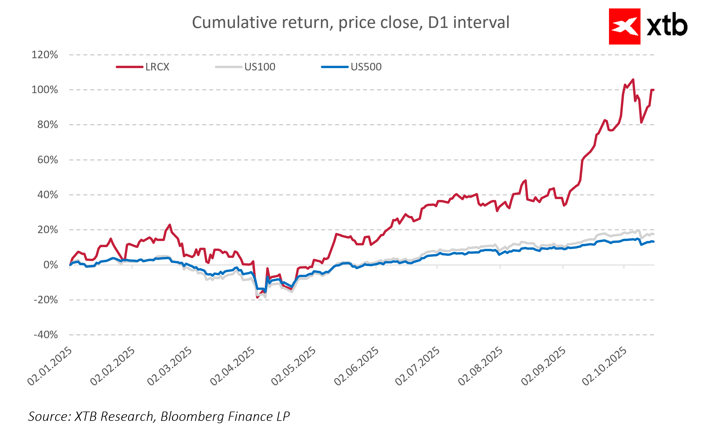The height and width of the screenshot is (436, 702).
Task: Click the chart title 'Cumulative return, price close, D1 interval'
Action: tap(351, 23)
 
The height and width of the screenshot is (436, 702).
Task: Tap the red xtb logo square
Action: tap(624, 26)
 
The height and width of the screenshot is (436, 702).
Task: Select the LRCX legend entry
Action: tap(157, 67)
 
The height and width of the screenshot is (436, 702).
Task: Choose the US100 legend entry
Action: tap(260, 67)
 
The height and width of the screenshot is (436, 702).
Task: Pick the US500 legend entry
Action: tap(366, 67)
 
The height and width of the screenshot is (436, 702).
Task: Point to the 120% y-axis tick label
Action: tap(45, 55)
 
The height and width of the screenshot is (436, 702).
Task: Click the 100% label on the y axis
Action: tap(45, 90)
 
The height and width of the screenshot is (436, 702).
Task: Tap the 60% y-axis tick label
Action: tap(48, 160)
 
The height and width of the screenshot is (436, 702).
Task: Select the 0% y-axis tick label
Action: tap(51, 265)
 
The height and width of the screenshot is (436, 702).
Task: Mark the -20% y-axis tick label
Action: tap(46, 300)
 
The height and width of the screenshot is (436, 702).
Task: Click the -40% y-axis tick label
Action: tap(46, 335)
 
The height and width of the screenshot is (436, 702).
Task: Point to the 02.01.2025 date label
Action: tap(50, 366)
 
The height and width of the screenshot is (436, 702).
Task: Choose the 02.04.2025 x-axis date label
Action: tap(233, 366)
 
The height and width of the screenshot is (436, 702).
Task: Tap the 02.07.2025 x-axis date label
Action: tap(417, 366)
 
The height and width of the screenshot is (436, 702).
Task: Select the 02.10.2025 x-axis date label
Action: tap(604, 366)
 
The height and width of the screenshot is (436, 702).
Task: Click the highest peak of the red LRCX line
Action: tap(633, 79)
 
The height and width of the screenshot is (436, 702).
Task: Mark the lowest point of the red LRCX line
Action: tap(257, 297)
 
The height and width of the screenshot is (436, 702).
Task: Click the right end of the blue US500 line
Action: tap(653, 242)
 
